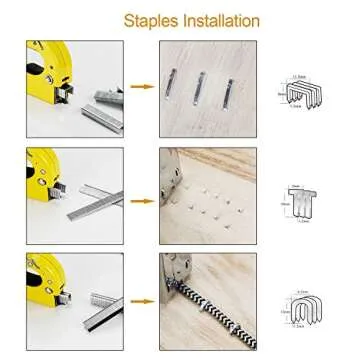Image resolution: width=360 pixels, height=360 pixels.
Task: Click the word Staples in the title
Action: (150, 20)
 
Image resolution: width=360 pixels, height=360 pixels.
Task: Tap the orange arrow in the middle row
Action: (143, 196)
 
